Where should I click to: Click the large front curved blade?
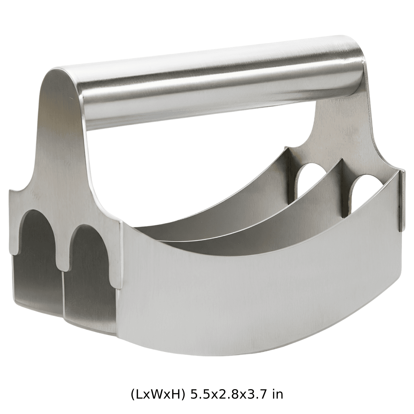[x=259, y=279]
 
